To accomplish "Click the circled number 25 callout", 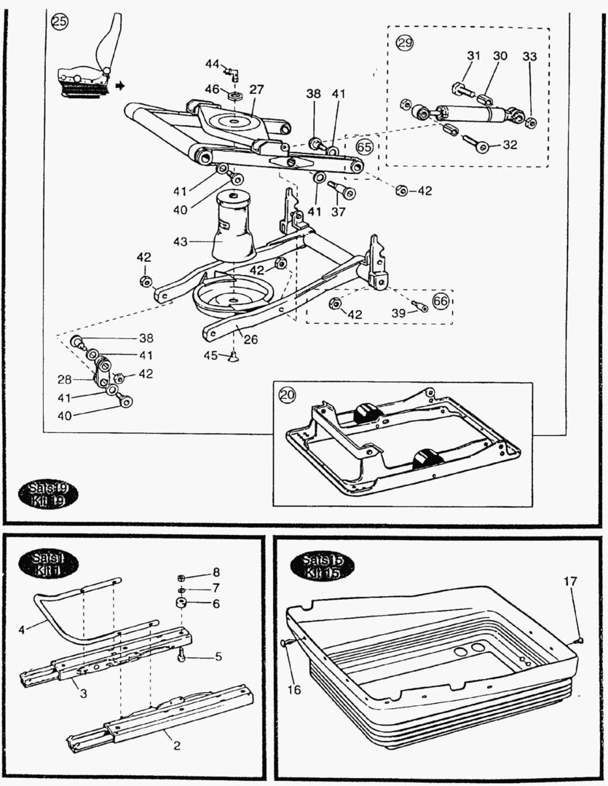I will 59,22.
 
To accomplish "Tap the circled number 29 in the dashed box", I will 404,43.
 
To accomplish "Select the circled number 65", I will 365,147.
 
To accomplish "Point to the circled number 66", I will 441,302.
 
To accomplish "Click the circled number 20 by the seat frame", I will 288,394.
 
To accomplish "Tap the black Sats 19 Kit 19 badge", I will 50,494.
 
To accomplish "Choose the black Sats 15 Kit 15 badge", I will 321,565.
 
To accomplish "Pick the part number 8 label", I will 216,572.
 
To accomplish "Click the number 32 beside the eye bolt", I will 509,145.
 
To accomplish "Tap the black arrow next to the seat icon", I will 119,86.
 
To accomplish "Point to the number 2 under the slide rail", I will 175,745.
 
